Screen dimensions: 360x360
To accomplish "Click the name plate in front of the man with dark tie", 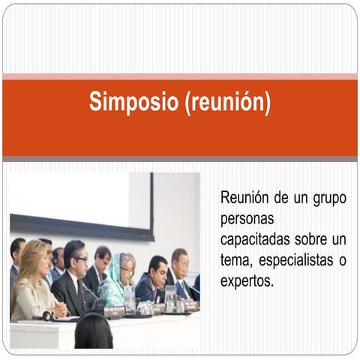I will point(97,305).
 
